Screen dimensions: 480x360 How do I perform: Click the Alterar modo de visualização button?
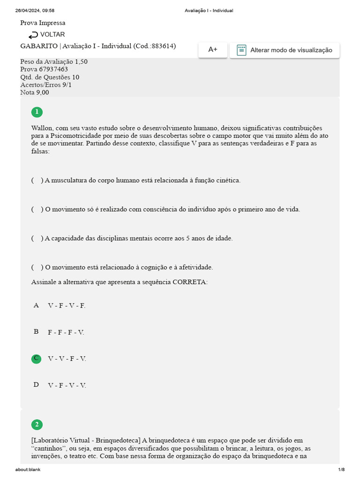point(285,50)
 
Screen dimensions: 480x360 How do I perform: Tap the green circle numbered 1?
point(36,112)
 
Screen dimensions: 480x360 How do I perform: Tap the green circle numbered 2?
point(36,425)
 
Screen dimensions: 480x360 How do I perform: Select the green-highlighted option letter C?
point(36,359)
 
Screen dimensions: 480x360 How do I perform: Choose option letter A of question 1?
point(36,306)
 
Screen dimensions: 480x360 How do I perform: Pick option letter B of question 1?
point(36,332)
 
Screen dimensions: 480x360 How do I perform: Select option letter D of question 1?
point(36,385)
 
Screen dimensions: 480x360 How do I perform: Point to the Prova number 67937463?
point(53,69)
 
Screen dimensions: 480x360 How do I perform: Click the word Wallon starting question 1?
point(42,128)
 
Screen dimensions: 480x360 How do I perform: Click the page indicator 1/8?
point(341,470)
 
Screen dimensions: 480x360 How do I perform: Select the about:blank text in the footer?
point(28,470)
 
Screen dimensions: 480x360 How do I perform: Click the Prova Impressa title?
point(43,23)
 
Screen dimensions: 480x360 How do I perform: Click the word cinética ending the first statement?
point(227,180)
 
